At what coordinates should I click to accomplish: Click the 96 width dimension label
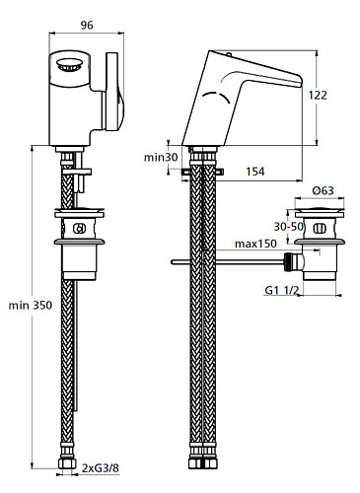[x=87, y=26]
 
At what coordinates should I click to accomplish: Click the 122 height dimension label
[x=318, y=96]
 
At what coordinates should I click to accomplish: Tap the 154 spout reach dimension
[x=255, y=172]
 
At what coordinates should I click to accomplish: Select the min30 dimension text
[x=161, y=158]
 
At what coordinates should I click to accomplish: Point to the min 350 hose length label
[x=31, y=306]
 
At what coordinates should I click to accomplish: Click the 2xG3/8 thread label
[x=101, y=468]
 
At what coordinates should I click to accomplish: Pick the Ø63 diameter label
[x=323, y=190]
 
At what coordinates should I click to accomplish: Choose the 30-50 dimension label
[x=289, y=227]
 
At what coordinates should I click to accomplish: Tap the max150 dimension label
[x=255, y=244]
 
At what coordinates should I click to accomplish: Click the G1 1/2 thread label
[x=282, y=291]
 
